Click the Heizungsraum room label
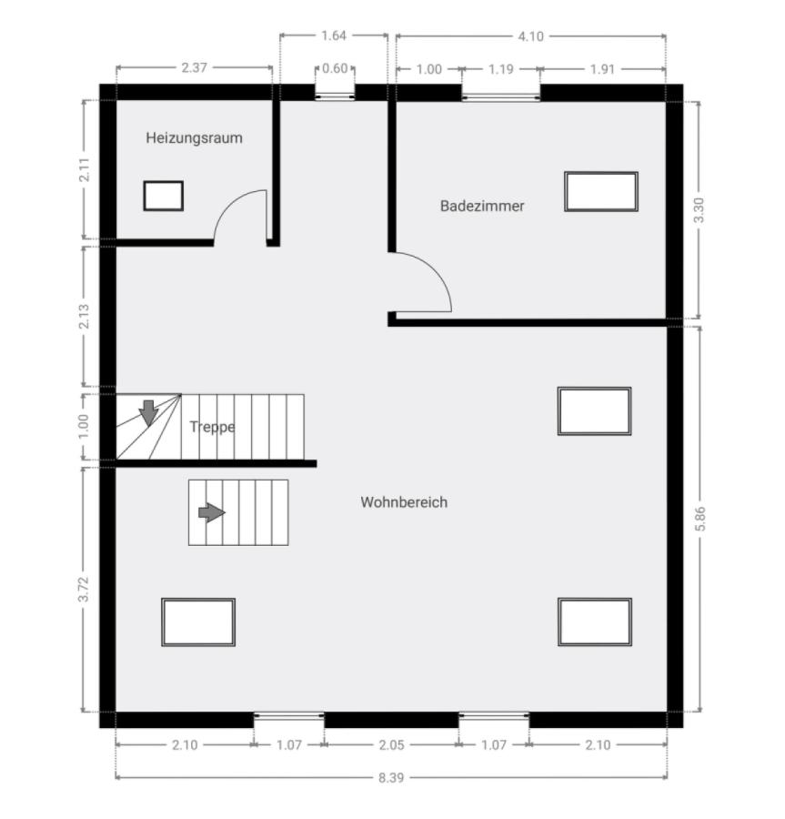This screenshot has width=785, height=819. coord(194,138)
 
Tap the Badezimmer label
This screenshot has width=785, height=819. coord(482,206)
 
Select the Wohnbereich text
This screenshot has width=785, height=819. coord(404,502)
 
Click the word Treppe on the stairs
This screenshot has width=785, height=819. coord(212,427)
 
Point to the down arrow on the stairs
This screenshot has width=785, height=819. coord(149,412)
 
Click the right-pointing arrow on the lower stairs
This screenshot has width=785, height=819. coord(212,512)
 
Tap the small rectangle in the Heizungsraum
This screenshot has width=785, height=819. coord(164,196)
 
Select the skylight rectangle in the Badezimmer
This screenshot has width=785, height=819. coord(601,192)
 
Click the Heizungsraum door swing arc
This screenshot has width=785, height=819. coord(229,203)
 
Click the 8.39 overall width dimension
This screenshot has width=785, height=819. coord(391,778)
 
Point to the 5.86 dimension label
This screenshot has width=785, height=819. coord(700,518)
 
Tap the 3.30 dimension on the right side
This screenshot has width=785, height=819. coord(699,210)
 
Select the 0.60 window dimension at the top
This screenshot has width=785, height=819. coord(335,68)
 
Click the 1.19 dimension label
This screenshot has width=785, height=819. coord(501,69)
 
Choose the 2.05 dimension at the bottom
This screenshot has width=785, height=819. coord(391,744)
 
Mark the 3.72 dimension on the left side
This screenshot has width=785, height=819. coord(84,589)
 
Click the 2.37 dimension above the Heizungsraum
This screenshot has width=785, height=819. coord(194,67)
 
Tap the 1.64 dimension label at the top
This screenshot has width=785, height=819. coord(334,35)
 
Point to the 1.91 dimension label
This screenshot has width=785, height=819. coord(602,69)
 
